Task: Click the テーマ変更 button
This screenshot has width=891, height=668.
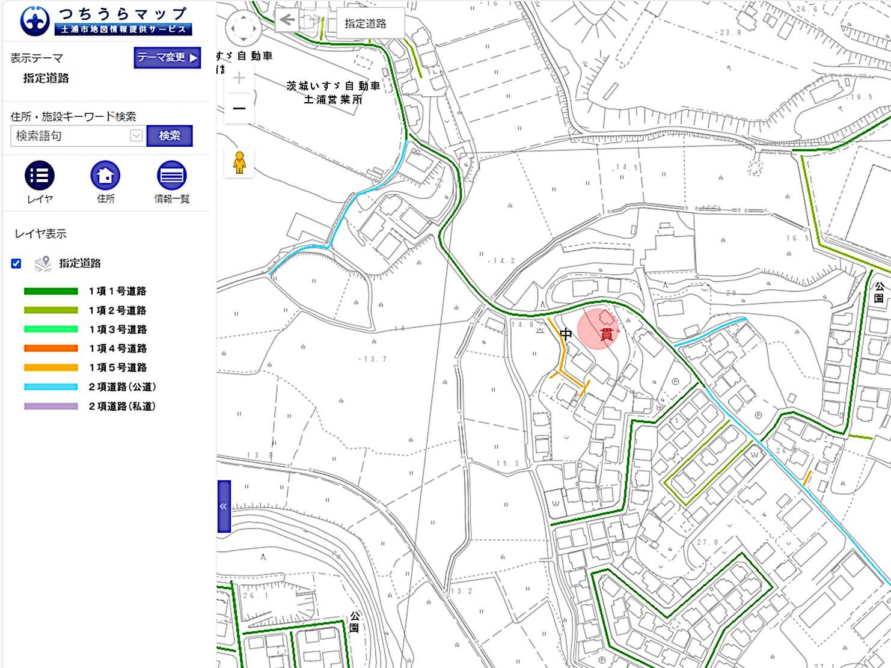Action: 167,58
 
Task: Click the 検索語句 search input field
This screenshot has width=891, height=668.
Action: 71,136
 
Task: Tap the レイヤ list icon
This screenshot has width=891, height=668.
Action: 40,176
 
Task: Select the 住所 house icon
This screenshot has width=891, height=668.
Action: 105,176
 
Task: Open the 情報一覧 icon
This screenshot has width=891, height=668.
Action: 171,176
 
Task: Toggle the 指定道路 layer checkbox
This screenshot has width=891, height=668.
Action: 16,263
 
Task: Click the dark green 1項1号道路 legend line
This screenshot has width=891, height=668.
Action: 51,291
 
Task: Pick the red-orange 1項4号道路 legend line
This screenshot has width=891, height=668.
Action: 51,348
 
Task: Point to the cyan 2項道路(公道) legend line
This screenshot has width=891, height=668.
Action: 51,387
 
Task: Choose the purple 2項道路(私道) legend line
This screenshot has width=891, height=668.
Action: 51,406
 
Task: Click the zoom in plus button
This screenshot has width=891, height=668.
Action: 239,78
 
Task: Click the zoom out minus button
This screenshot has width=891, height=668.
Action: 239,108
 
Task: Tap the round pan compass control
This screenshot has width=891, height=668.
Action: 243,28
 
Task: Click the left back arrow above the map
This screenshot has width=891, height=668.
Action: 287,20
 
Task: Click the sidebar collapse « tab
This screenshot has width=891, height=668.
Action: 224,506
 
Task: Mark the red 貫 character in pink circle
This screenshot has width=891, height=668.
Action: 606,334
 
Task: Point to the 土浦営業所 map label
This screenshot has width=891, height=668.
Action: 333,100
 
